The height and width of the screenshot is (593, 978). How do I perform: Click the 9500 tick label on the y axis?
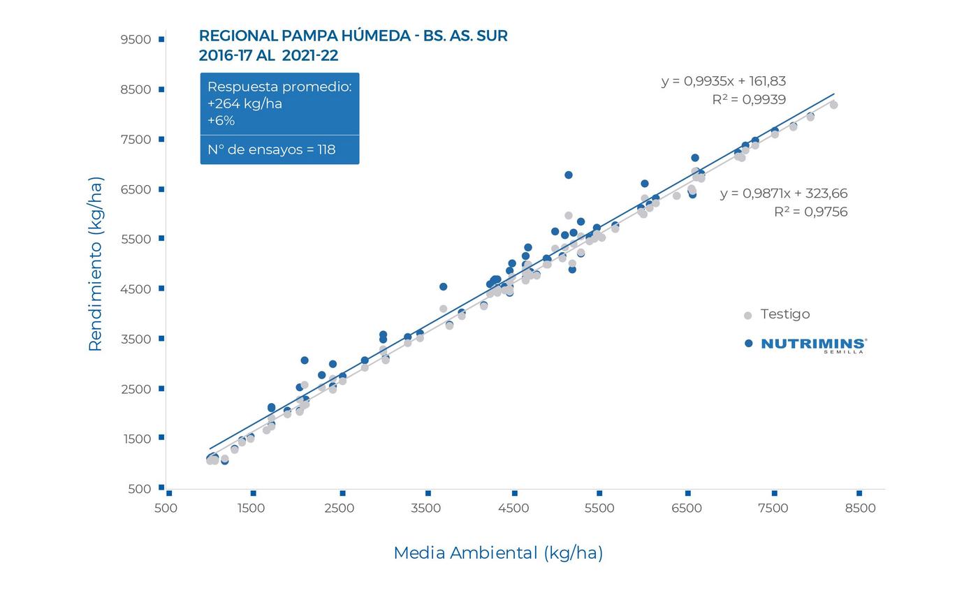pyautogui.click(x=136, y=40)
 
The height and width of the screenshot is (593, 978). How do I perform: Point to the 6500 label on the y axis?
pyautogui.click(x=136, y=189)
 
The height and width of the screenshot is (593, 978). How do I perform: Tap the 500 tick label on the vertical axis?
pyautogui.click(x=140, y=489)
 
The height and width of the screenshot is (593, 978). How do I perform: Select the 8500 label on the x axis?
pyautogui.click(x=860, y=508)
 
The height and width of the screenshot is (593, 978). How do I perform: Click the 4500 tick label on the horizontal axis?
pyautogui.click(x=513, y=508)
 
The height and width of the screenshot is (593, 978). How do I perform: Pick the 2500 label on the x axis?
pyautogui.click(x=340, y=508)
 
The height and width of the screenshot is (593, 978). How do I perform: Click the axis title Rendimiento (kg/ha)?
pyautogui.click(x=96, y=264)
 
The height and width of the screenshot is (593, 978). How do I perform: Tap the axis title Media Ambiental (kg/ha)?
pyautogui.click(x=498, y=553)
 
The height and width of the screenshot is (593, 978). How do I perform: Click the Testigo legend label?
pyautogui.click(x=785, y=314)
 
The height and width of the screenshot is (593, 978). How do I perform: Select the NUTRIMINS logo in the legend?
pyautogui.click(x=814, y=345)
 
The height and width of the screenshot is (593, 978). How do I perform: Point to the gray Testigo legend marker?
pyautogui.click(x=747, y=316)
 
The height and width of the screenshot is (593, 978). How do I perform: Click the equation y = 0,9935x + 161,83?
pyautogui.click(x=723, y=81)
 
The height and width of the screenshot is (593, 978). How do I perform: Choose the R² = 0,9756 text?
pyautogui.click(x=810, y=212)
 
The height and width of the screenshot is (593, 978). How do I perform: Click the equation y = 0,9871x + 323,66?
pyautogui.click(x=783, y=193)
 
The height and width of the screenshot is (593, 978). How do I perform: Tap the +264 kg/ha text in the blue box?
pyautogui.click(x=245, y=104)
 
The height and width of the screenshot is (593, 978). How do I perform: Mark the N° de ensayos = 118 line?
pyautogui.click(x=271, y=149)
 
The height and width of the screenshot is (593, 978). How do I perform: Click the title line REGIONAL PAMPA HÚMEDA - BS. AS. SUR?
pyautogui.click(x=353, y=36)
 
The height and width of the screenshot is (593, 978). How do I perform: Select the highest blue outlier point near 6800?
pyautogui.click(x=569, y=175)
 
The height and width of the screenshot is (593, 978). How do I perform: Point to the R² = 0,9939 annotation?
pyautogui.click(x=748, y=100)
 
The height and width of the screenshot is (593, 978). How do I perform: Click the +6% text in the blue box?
pyautogui.click(x=221, y=121)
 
